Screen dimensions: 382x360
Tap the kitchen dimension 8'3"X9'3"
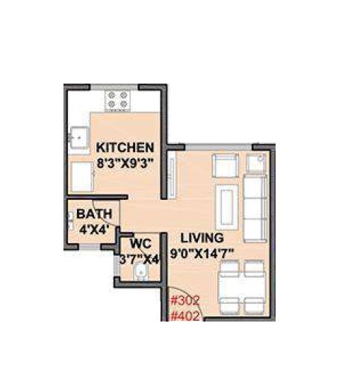(x=124, y=163)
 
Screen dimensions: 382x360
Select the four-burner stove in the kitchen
(x=118, y=99)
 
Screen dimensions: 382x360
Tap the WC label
(x=141, y=244)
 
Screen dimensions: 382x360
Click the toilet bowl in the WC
(x=138, y=272)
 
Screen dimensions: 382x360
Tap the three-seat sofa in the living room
(x=255, y=205)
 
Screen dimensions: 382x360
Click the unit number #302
(x=185, y=301)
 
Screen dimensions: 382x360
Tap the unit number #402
(x=185, y=316)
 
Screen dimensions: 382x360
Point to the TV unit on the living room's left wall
(x=172, y=176)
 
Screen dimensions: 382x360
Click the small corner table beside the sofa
(x=258, y=163)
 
